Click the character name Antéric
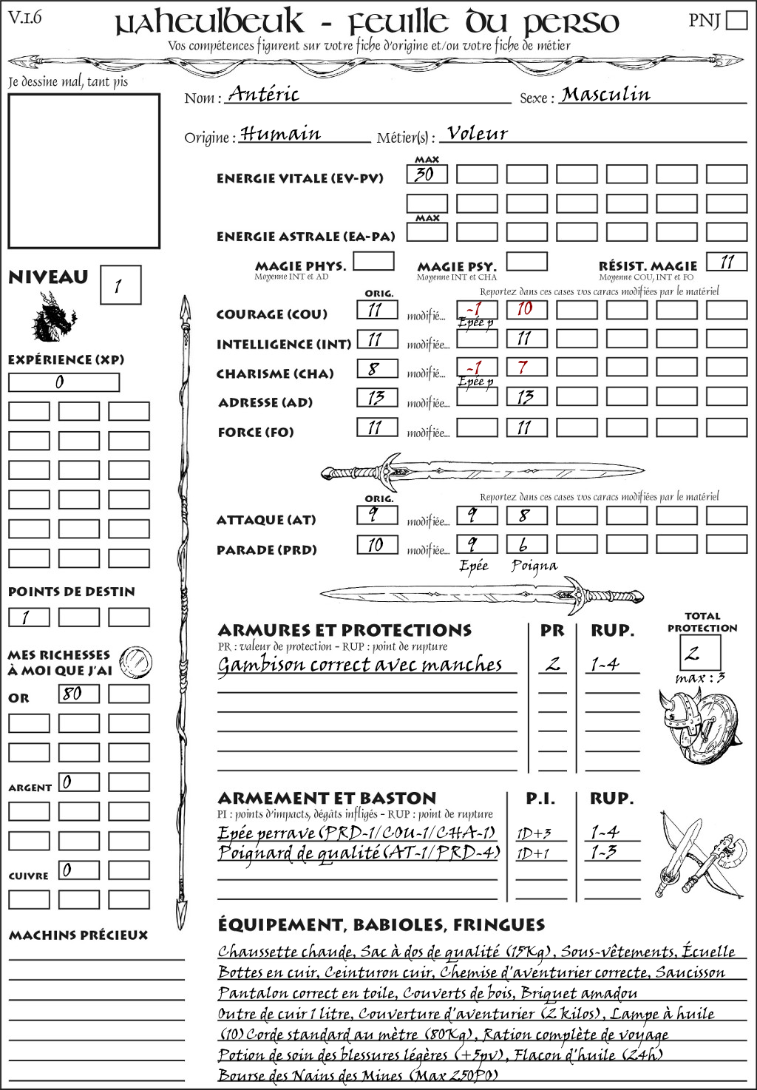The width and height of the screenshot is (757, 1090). point(264,94)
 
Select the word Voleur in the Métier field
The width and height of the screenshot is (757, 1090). point(478,133)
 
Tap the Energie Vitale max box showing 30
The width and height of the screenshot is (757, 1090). point(427,175)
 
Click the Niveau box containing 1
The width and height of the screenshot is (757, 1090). point(120,285)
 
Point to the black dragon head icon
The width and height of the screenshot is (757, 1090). point(53,317)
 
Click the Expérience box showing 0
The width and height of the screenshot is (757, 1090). point(64,382)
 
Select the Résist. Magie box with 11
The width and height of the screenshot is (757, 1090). point(726,262)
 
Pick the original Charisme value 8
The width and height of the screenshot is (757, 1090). point(377,368)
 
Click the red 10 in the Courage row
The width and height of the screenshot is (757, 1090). point(526,309)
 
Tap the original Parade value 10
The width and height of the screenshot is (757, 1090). point(377,545)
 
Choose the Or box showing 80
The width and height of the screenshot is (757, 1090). point(78,694)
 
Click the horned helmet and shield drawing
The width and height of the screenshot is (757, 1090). point(697,725)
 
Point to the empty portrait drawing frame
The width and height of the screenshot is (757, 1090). point(84,171)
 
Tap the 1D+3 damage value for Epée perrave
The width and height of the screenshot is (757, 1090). point(534,833)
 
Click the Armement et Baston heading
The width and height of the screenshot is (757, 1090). point(327,799)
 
